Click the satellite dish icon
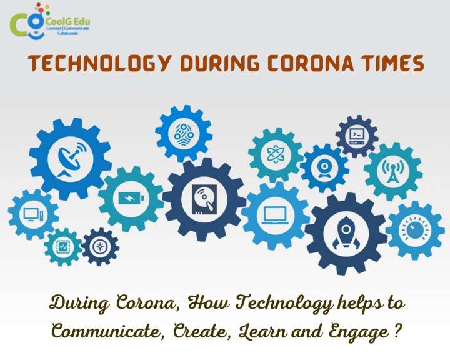pos(71,159)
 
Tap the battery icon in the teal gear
pos(131,198)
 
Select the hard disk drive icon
pos(204,199)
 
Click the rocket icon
pos(346,232)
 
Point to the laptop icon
pos(275,215)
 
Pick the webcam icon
pos(324,167)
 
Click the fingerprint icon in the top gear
pos(184,134)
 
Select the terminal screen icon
pos(357,136)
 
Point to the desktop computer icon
pos(33,214)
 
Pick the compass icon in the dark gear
pos(100,247)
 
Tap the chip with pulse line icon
pos(62,247)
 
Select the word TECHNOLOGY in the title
pos(99,63)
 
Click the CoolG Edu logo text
pos(68,21)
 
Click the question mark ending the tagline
pos(397,330)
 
